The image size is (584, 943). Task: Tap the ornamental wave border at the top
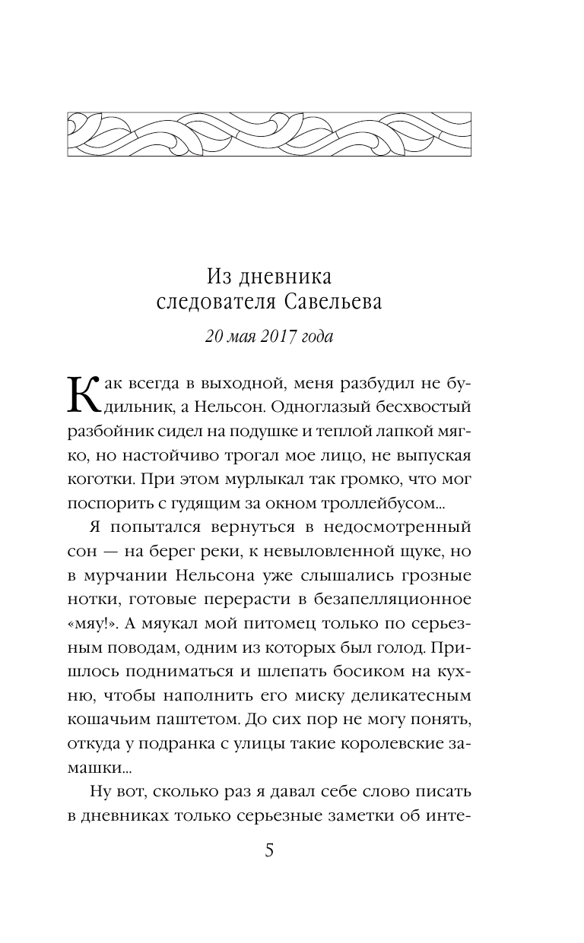pyautogui.click(x=269, y=134)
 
